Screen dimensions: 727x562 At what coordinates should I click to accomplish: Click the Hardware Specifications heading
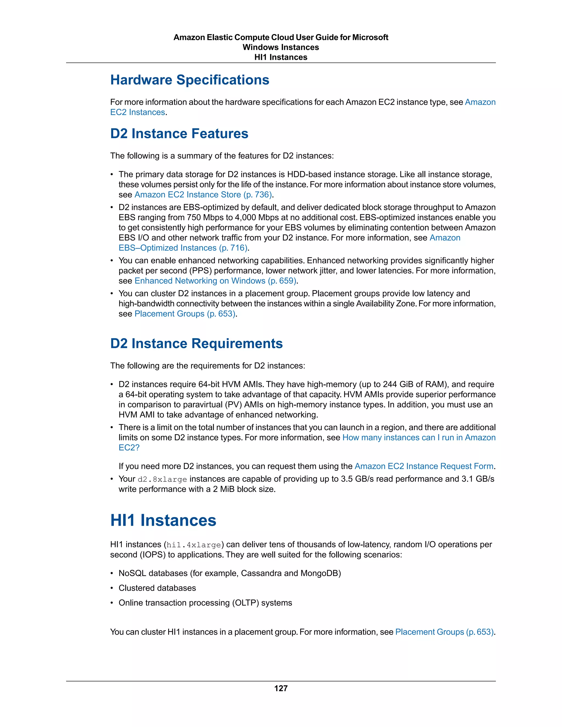click(189, 80)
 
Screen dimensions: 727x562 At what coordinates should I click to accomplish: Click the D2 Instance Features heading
click(179, 134)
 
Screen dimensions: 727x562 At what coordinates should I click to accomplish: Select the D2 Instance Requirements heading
click(196, 343)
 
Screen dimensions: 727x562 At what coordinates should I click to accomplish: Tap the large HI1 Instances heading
click(163, 520)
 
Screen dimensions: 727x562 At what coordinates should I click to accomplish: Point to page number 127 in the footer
click(281, 688)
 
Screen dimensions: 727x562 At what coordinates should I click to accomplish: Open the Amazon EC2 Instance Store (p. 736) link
click(203, 195)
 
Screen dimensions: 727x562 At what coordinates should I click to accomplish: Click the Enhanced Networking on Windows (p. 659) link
click(215, 281)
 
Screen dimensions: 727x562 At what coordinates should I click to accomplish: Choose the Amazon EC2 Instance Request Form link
click(424, 466)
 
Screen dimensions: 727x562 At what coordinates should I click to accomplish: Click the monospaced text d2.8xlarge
click(162, 479)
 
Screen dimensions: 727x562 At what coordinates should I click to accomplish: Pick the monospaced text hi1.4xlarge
click(193, 545)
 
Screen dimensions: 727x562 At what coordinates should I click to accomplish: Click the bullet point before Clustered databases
click(112, 588)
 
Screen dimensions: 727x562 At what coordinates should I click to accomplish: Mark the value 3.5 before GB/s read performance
click(347, 479)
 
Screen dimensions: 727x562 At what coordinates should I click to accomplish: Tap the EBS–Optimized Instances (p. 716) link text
click(183, 248)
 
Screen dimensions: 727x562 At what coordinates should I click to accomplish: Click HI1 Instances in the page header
click(281, 57)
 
